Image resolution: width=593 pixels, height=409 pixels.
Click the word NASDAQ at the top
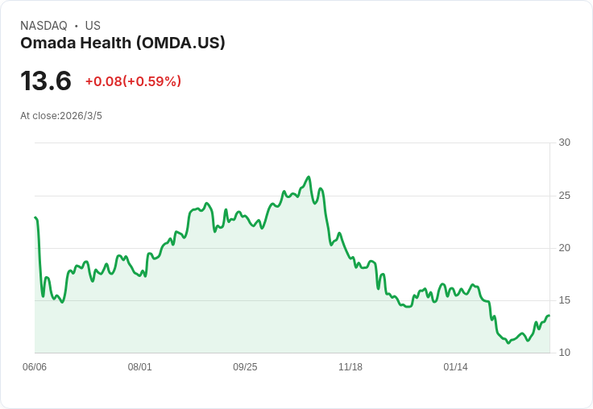pyautogui.click(x=44, y=26)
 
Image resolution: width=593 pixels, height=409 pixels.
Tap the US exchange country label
pyautogui.click(x=93, y=26)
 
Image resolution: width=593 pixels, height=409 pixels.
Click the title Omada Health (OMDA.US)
pyautogui.click(x=122, y=43)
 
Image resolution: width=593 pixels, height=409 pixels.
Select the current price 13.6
pyautogui.click(x=46, y=81)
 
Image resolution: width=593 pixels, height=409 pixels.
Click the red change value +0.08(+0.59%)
pyautogui.click(x=133, y=81)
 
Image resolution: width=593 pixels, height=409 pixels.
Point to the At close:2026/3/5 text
pyautogui.click(x=61, y=116)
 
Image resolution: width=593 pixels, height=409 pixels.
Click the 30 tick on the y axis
pyautogui.click(x=564, y=143)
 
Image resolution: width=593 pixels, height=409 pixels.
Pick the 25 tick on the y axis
pyautogui.click(x=564, y=196)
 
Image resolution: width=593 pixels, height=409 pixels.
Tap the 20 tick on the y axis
pyautogui.click(x=564, y=248)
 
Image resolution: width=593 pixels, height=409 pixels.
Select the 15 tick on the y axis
pyautogui.click(x=564, y=300)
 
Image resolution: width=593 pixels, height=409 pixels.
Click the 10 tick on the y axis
pyautogui.click(x=564, y=353)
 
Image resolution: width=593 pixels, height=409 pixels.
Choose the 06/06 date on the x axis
pyautogui.click(x=35, y=367)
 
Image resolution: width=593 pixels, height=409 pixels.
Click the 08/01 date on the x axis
pyautogui.click(x=139, y=367)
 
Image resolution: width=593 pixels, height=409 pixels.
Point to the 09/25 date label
pyautogui.click(x=245, y=367)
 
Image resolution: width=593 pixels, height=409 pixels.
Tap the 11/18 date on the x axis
pyautogui.click(x=350, y=367)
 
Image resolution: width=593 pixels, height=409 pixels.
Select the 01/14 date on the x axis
pyautogui.click(x=455, y=367)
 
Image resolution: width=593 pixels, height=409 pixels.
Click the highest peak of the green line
pyautogui.click(x=309, y=177)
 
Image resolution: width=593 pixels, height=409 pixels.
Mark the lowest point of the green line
pyautogui.click(x=508, y=344)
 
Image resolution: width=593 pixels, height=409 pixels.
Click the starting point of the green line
pyautogui.click(x=35, y=217)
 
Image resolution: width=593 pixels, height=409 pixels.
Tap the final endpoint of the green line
pyautogui.click(x=549, y=316)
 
